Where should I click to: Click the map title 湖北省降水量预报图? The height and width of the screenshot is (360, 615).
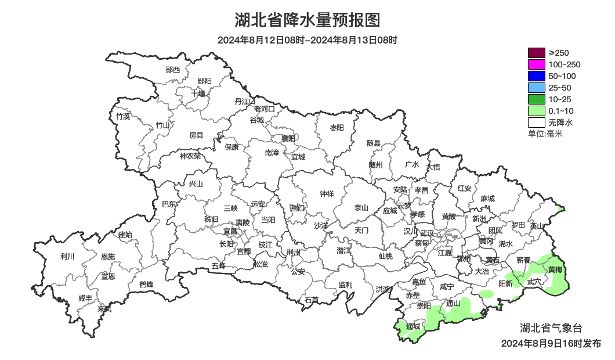[307, 21]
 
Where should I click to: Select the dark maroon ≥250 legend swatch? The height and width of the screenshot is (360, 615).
[537, 53]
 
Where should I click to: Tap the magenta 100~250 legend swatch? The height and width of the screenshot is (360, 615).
[537, 64]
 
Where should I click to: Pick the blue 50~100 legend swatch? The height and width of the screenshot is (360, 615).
[537, 76]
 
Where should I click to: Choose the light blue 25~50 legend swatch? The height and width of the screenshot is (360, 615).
[537, 88]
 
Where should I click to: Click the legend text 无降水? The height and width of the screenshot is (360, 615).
[560, 123]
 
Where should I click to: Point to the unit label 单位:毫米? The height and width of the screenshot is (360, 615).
[545, 134]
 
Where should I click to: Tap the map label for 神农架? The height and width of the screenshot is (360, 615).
[190, 156]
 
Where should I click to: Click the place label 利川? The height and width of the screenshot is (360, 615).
[67, 256]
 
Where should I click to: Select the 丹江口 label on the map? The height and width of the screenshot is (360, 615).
[245, 102]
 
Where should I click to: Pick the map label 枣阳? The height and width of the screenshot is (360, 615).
[337, 127]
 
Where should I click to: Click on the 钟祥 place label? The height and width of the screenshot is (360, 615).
[327, 194]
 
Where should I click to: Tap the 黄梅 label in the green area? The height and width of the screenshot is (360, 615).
[555, 269]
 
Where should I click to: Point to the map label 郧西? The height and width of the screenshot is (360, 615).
[173, 70]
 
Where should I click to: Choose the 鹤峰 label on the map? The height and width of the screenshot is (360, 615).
[146, 285]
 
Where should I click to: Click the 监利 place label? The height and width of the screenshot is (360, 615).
[345, 285]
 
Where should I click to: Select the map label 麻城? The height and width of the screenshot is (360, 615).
[487, 199]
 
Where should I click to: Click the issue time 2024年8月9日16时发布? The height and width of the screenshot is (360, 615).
[551, 344]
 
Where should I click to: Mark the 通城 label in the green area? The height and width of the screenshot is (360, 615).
[413, 326]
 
